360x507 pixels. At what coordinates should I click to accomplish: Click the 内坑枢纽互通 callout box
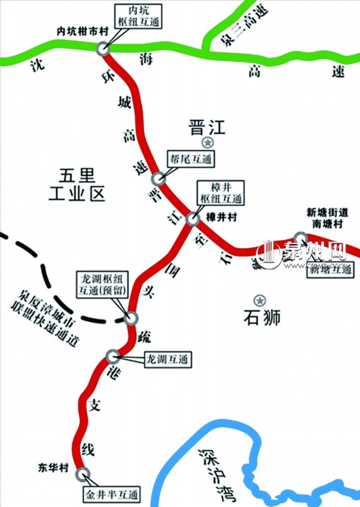click(x=138, y=16)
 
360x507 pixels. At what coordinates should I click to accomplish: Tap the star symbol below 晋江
click(x=207, y=143)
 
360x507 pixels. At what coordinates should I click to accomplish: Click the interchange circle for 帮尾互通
click(x=157, y=179)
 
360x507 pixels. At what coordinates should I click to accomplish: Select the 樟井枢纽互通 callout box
click(x=221, y=193)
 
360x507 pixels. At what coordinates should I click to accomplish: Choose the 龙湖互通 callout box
click(x=166, y=359)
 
